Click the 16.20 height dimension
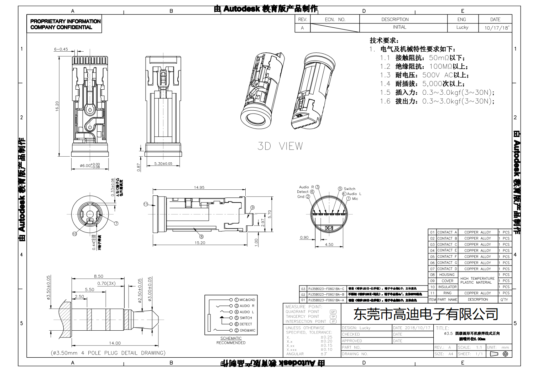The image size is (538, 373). point(57,106)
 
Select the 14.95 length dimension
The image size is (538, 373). point(199,187)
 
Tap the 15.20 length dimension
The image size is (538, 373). point(200,243)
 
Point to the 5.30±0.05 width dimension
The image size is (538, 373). point(163,163)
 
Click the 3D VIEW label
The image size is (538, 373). point(280,146)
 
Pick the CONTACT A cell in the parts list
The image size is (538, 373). point(447,232)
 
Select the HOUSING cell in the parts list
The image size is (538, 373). point(447,275)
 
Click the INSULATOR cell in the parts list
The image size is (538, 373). point(447,287)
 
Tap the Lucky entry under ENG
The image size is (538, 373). point(462,27)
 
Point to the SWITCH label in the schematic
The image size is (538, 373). point(246,318)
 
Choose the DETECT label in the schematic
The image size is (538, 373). point(246,324)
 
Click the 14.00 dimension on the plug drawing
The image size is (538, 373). point(115,343)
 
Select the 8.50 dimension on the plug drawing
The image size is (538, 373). point(99,276)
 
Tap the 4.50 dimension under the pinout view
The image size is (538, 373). point(329,245)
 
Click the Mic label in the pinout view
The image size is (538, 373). point(355,199)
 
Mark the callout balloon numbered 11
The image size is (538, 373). point(146,204)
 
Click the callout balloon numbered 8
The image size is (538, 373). point(202,236)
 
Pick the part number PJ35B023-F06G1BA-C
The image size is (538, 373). point(326,289)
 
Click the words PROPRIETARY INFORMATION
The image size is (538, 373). point(65,21)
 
